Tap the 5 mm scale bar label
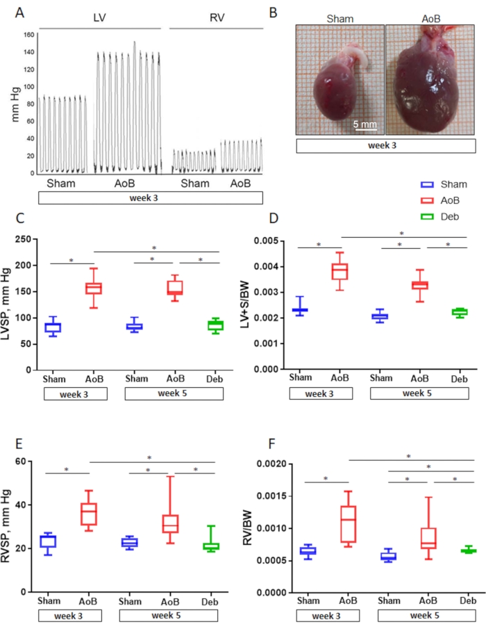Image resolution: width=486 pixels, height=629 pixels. tap(363, 124)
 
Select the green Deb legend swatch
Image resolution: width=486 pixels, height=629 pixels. tap(428, 217)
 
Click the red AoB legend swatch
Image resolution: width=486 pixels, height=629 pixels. tap(428, 201)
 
